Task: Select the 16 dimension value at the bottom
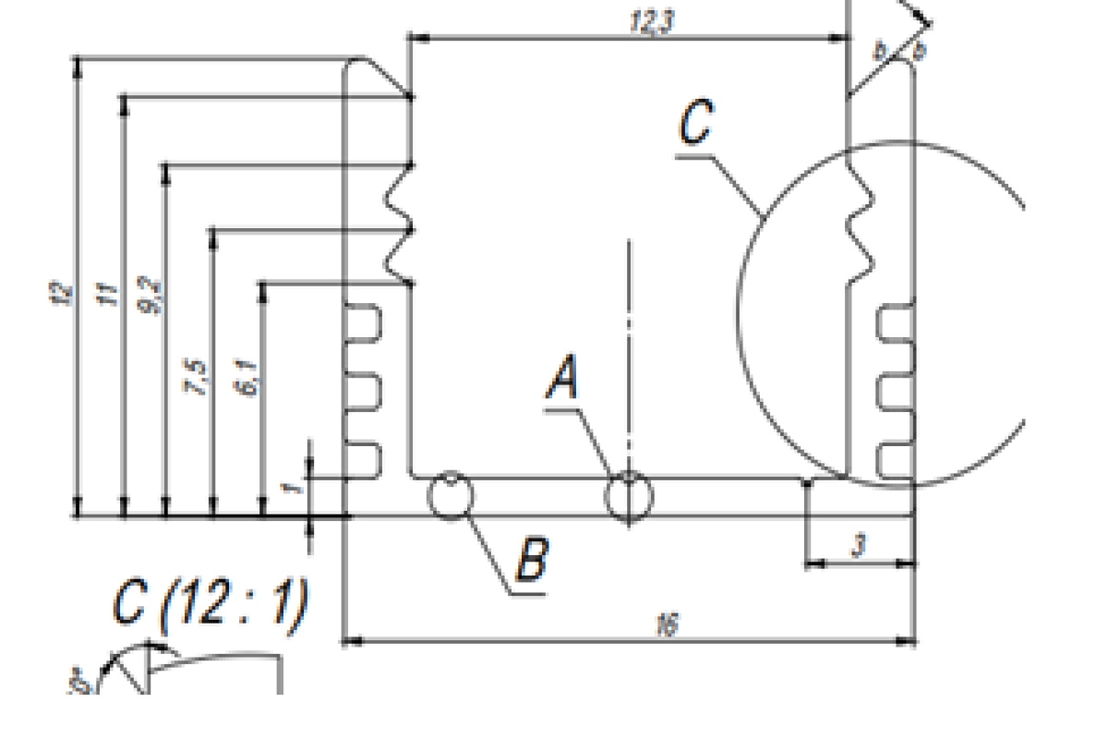tap(665, 625)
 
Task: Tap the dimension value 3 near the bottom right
tap(859, 546)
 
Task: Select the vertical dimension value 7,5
tap(199, 378)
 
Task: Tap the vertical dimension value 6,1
tap(247, 378)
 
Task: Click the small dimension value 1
tap(294, 483)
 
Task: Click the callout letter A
tap(563, 380)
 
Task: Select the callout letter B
tap(532, 559)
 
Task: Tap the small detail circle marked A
tap(629, 496)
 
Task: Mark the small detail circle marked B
tap(451, 496)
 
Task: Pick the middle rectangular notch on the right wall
tap(894, 393)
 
